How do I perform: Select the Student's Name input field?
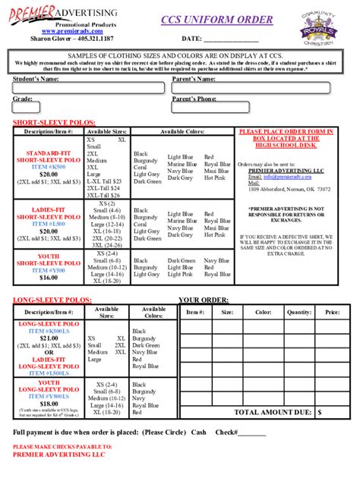point(87,89)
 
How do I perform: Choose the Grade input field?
point(87,108)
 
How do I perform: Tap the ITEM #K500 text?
point(49,167)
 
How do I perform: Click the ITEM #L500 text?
point(49,225)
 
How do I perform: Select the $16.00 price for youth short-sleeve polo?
point(49,278)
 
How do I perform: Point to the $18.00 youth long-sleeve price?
point(49,404)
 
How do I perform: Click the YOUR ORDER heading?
point(204,300)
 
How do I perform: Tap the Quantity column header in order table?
point(299,312)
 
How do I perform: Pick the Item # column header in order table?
point(195,312)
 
